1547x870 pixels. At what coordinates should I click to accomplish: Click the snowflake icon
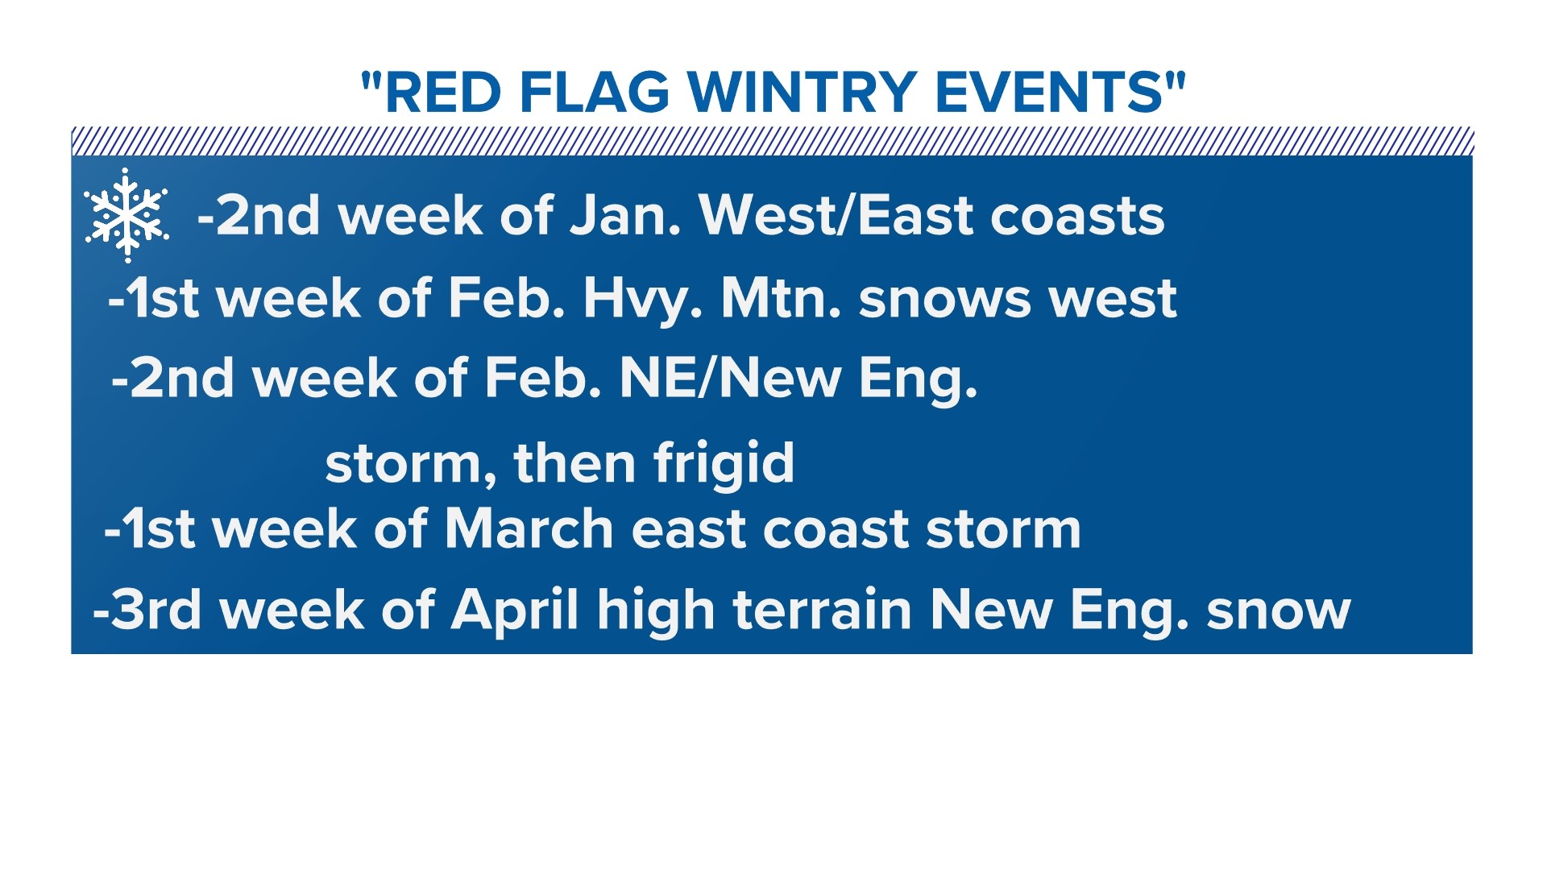click(126, 214)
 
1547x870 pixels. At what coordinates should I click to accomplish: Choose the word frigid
click(724, 464)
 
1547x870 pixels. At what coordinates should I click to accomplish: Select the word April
click(515, 611)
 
